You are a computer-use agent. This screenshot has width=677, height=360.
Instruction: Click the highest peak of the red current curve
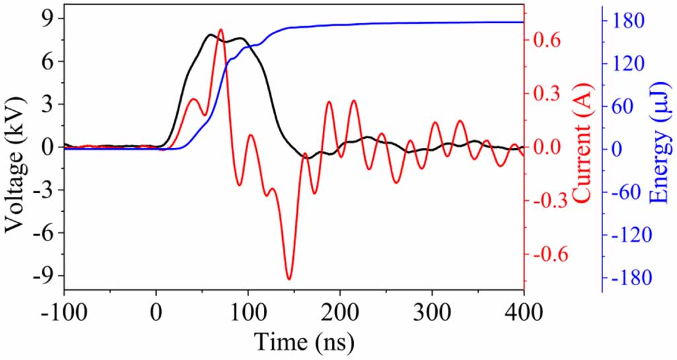pos(221,30)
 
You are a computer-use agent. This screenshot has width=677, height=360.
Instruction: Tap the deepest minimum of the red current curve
pos(289,279)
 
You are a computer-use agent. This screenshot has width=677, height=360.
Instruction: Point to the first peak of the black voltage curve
pos(211,34)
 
